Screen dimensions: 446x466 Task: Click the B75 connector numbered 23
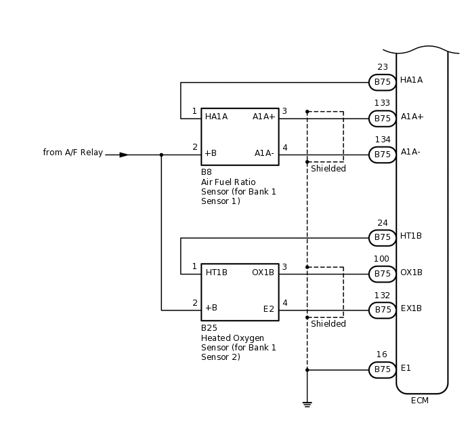click(x=382, y=83)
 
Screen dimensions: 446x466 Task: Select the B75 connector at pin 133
click(x=382, y=119)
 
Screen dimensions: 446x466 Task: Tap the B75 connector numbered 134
click(x=382, y=155)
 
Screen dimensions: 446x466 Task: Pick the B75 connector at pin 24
click(x=382, y=238)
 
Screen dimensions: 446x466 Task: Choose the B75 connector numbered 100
click(x=382, y=274)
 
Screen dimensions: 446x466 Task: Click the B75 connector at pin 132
click(x=382, y=310)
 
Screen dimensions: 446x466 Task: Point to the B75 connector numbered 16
click(x=382, y=369)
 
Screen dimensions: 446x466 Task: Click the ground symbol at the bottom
click(x=307, y=404)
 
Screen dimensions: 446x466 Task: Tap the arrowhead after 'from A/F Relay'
click(x=124, y=155)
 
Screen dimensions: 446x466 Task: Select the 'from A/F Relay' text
click(x=72, y=153)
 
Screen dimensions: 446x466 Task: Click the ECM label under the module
click(x=420, y=401)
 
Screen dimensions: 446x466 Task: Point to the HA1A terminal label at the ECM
click(x=411, y=80)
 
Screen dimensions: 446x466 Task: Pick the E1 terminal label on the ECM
click(x=406, y=368)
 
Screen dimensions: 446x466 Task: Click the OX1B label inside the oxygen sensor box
click(x=263, y=272)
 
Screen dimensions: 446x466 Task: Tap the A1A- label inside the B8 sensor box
click(x=264, y=153)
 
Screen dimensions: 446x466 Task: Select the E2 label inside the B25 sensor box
click(x=268, y=309)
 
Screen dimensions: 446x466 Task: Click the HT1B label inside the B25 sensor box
click(x=216, y=272)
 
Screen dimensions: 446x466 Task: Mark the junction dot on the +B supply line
click(x=161, y=155)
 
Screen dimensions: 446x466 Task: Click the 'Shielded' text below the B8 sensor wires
click(x=329, y=169)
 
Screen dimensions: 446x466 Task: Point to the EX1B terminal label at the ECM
click(x=411, y=308)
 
